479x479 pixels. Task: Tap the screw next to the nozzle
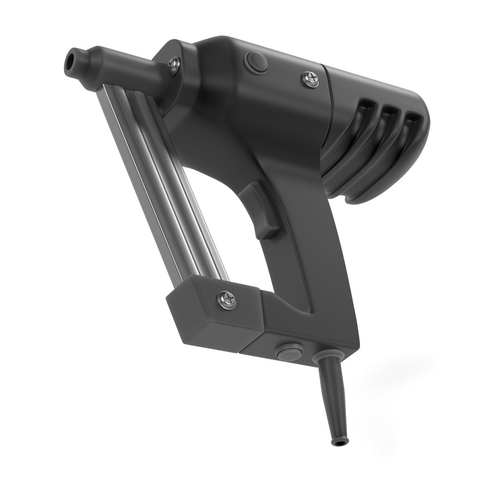[173, 65]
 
